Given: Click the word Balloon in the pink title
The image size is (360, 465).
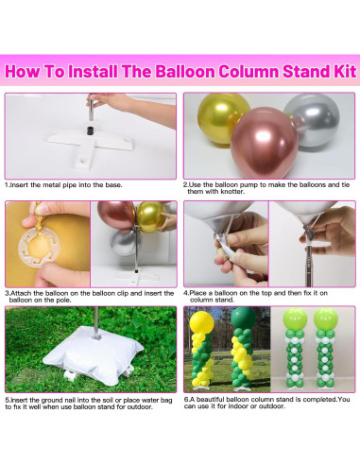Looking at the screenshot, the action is coord(185,72).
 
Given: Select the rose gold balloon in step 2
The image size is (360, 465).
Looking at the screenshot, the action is coord(264,143).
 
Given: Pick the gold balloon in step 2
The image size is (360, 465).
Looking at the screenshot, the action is coord(219,118).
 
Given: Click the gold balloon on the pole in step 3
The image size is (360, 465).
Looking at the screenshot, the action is coord(151,216).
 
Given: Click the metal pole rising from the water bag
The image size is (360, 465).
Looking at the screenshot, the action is coord(95,322).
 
